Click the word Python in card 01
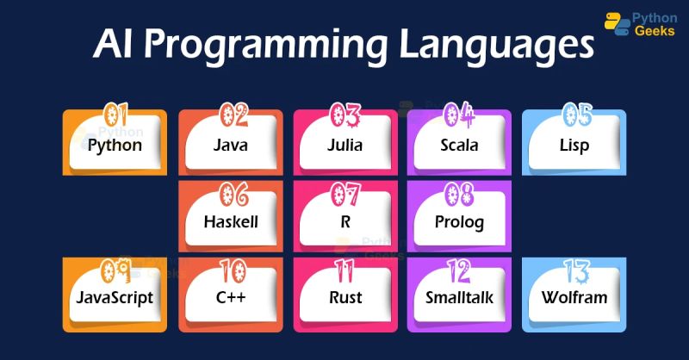click(x=115, y=145)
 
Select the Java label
click(x=230, y=145)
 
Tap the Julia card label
click(x=344, y=145)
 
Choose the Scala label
click(x=459, y=145)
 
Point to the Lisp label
click(x=574, y=145)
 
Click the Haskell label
click(x=230, y=221)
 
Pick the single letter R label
click(x=344, y=221)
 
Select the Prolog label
click(x=459, y=221)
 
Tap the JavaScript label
click(x=115, y=298)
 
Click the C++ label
click(x=230, y=298)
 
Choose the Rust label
click(x=344, y=298)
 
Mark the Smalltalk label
click(x=459, y=298)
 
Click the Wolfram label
click(x=574, y=298)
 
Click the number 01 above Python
click(x=116, y=115)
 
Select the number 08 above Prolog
click(x=461, y=191)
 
